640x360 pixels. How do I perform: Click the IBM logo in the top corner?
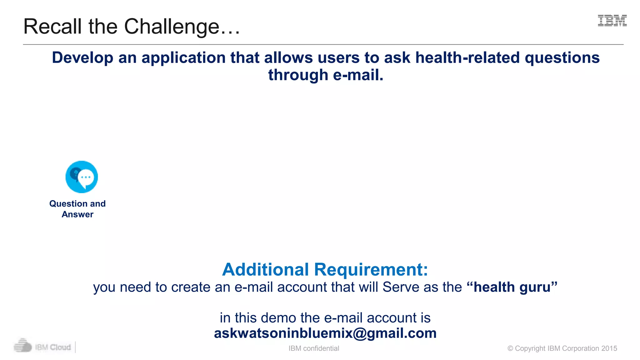[x=612, y=21]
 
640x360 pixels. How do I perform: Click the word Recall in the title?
[x=52, y=27]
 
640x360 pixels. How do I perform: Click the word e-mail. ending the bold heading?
[x=358, y=75]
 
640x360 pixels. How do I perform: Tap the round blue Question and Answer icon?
[x=82, y=177]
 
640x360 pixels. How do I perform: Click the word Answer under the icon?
[x=77, y=214]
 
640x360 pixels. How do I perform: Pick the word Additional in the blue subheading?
[x=265, y=269]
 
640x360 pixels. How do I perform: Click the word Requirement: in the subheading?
[x=371, y=269]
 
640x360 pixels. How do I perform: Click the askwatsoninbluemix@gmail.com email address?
[x=325, y=333]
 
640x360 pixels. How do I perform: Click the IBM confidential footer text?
[x=314, y=348]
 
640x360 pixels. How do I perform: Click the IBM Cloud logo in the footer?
[x=42, y=347]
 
